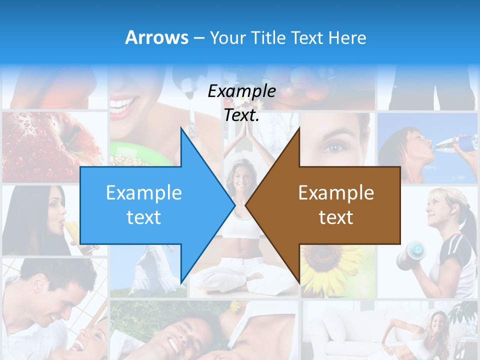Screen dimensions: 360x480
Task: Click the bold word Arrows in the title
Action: click(156, 37)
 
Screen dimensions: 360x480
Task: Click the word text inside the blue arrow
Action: click(143, 217)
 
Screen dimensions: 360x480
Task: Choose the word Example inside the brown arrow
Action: click(336, 193)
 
